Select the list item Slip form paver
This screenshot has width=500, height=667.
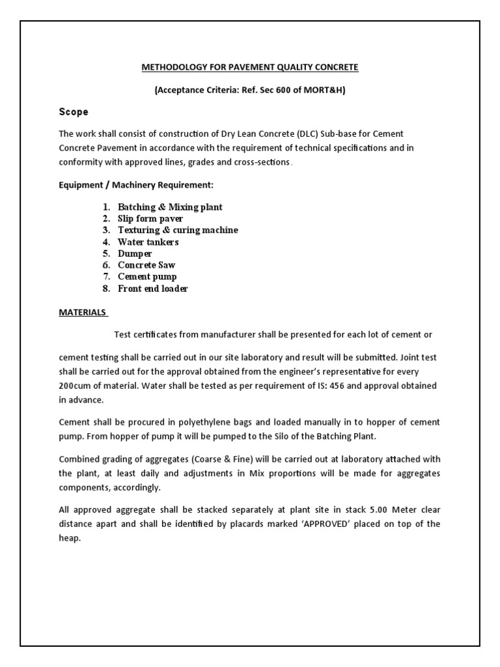(150, 219)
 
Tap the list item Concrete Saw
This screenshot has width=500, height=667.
(146, 265)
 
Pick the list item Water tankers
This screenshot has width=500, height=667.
(148, 242)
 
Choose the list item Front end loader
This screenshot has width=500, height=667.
(152, 289)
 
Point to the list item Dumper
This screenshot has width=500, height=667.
(135, 253)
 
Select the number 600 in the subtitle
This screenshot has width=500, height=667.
(279, 90)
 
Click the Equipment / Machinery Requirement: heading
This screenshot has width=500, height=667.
(135, 186)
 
